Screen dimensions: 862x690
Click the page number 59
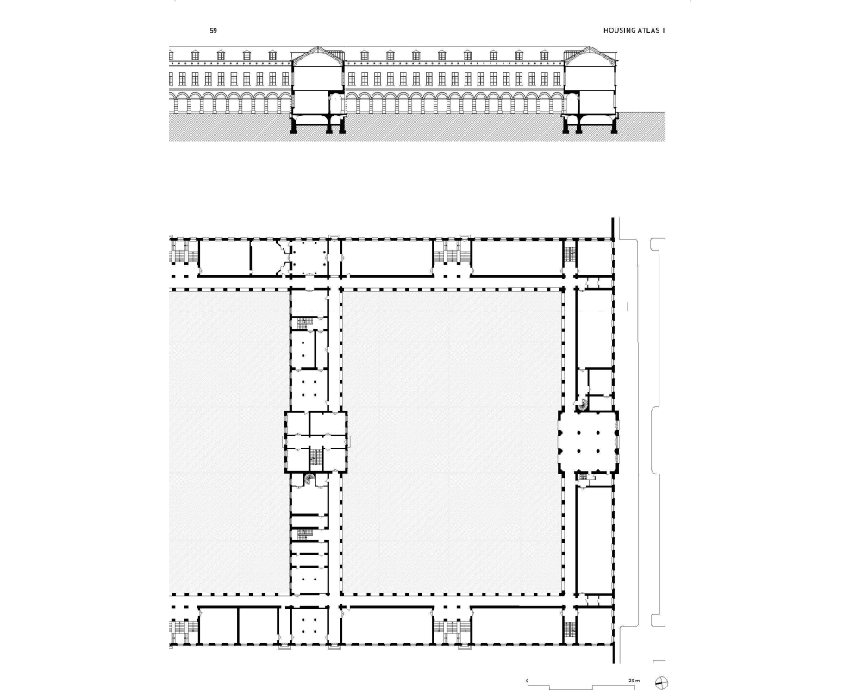[x=213, y=31]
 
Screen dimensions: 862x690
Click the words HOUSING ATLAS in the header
[x=631, y=31]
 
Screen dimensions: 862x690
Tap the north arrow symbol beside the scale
[x=661, y=683]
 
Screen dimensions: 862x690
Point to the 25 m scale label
[x=634, y=681]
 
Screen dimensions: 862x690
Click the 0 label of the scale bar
[x=528, y=681]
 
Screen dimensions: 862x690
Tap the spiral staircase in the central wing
[x=309, y=479]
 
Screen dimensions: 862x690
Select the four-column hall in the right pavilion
[x=588, y=442]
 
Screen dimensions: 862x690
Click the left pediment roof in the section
[x=318, y=53]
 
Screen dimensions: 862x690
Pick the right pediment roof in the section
[x=590, y=53]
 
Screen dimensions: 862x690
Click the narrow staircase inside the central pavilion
[x=315, y=456]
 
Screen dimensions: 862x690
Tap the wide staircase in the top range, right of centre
[x=452, y=256]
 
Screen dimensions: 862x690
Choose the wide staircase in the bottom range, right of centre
[x=452, y=626]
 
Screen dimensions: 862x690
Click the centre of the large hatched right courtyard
[x=452, y=442]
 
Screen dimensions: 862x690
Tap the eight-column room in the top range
[x=309, y=258]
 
